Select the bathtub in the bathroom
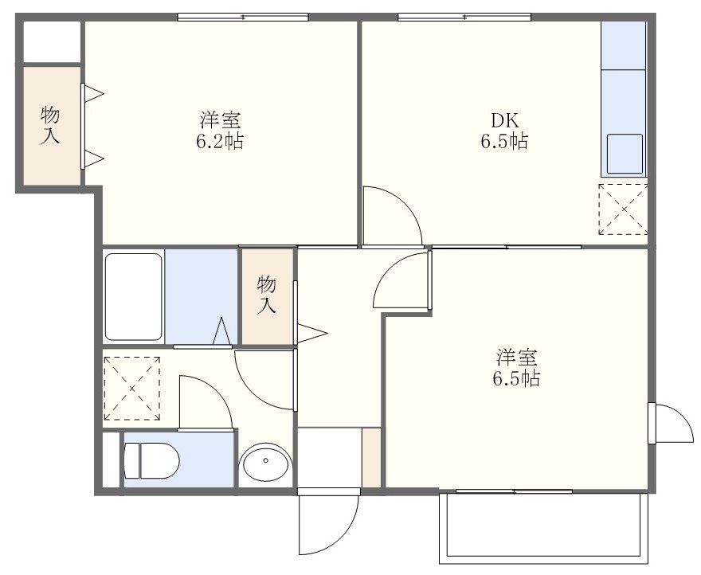click(133, 295)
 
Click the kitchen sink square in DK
click(625, 153)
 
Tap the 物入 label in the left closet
click(50, 126)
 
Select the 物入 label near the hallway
click(267, 294)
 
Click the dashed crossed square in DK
click(623, 209)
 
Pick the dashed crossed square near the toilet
click(132, 388)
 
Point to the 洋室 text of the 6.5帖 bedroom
click(516, 355)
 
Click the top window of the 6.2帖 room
click(242, 17)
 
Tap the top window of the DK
click(464, 17)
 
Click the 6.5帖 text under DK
click(503, 143)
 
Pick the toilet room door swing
click(206, 403)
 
